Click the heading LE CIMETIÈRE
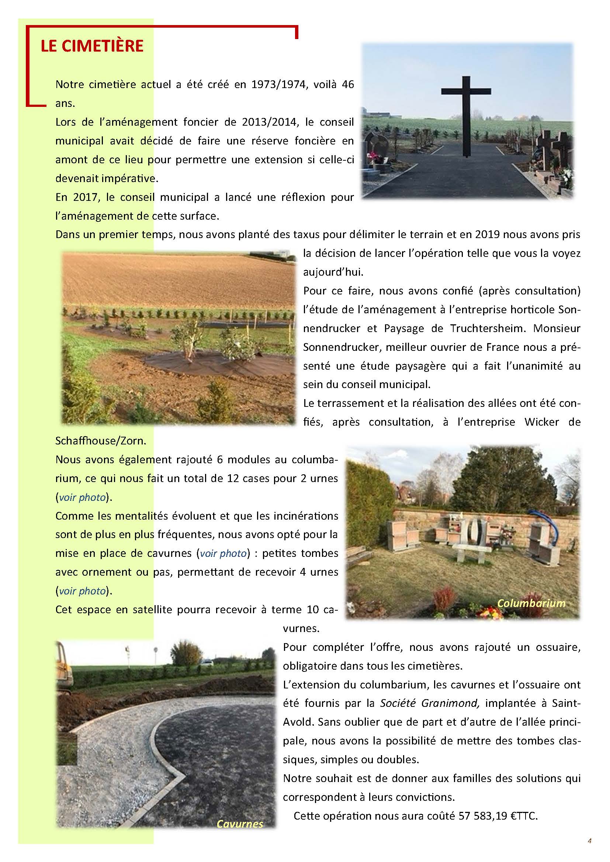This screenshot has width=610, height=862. (92, 46)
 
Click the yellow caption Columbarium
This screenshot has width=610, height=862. (531, 603)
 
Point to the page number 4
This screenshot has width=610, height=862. (590, 841)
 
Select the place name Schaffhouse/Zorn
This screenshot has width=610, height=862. (101, 440)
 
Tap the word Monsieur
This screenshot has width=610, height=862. (557, 328)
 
